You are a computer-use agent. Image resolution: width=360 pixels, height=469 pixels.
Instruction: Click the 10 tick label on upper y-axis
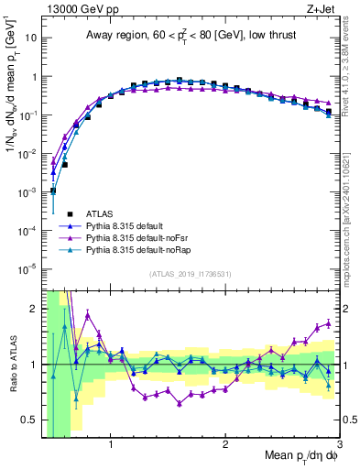click(x=29, y=38)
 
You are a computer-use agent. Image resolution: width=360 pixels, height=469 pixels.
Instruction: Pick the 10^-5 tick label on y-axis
click(x=27, y=268)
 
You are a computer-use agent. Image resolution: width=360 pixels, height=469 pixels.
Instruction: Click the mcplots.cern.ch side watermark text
click(x=352, y=220)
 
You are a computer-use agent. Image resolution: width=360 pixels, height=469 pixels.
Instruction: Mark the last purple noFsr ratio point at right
click(x=329, y=323)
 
